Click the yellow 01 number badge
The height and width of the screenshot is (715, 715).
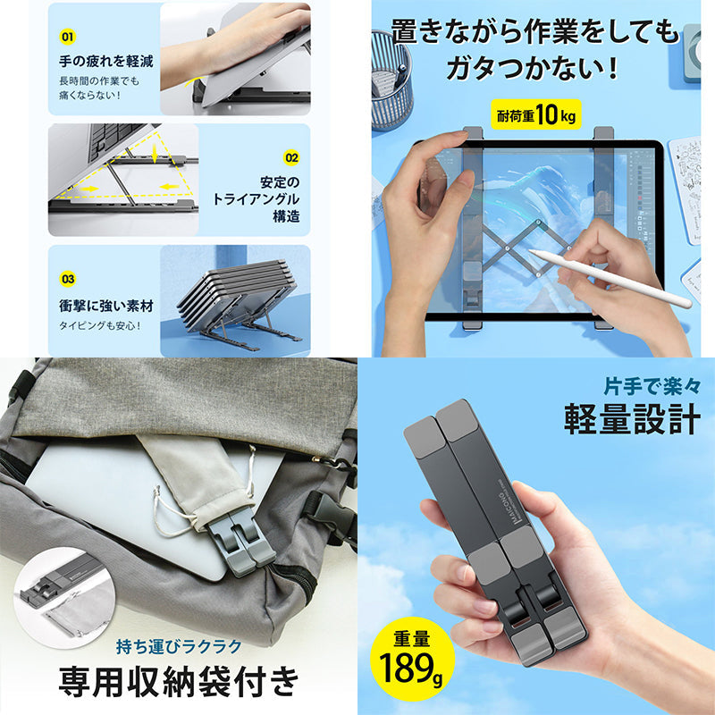tap(68, 37)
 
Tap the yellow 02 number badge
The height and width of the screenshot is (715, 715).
tap(291, 158)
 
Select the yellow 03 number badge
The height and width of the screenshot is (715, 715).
tap(68, 279)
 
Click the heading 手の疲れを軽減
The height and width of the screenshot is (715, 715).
tap(106, 61)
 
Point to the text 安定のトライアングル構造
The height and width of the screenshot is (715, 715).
tap(257, 198)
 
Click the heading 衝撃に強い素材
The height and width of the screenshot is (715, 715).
tap(106, 306)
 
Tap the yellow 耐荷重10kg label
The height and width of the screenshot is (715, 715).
tap(536, 114)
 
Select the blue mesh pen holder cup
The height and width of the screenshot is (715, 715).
tap(391, 80)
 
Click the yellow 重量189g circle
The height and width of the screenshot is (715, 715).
tap(412, 659)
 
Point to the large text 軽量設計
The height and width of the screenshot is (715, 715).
tap(633, 419)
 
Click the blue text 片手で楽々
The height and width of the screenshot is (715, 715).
tap(652, 386)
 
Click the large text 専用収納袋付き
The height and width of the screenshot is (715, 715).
tap(179, 682)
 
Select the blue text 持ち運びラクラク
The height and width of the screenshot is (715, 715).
tap(179, 646)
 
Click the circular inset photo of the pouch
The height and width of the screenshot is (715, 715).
tap(63, 597)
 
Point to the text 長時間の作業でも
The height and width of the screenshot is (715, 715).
tap(99, 81)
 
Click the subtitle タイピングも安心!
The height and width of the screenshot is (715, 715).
tap(100, 325)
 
